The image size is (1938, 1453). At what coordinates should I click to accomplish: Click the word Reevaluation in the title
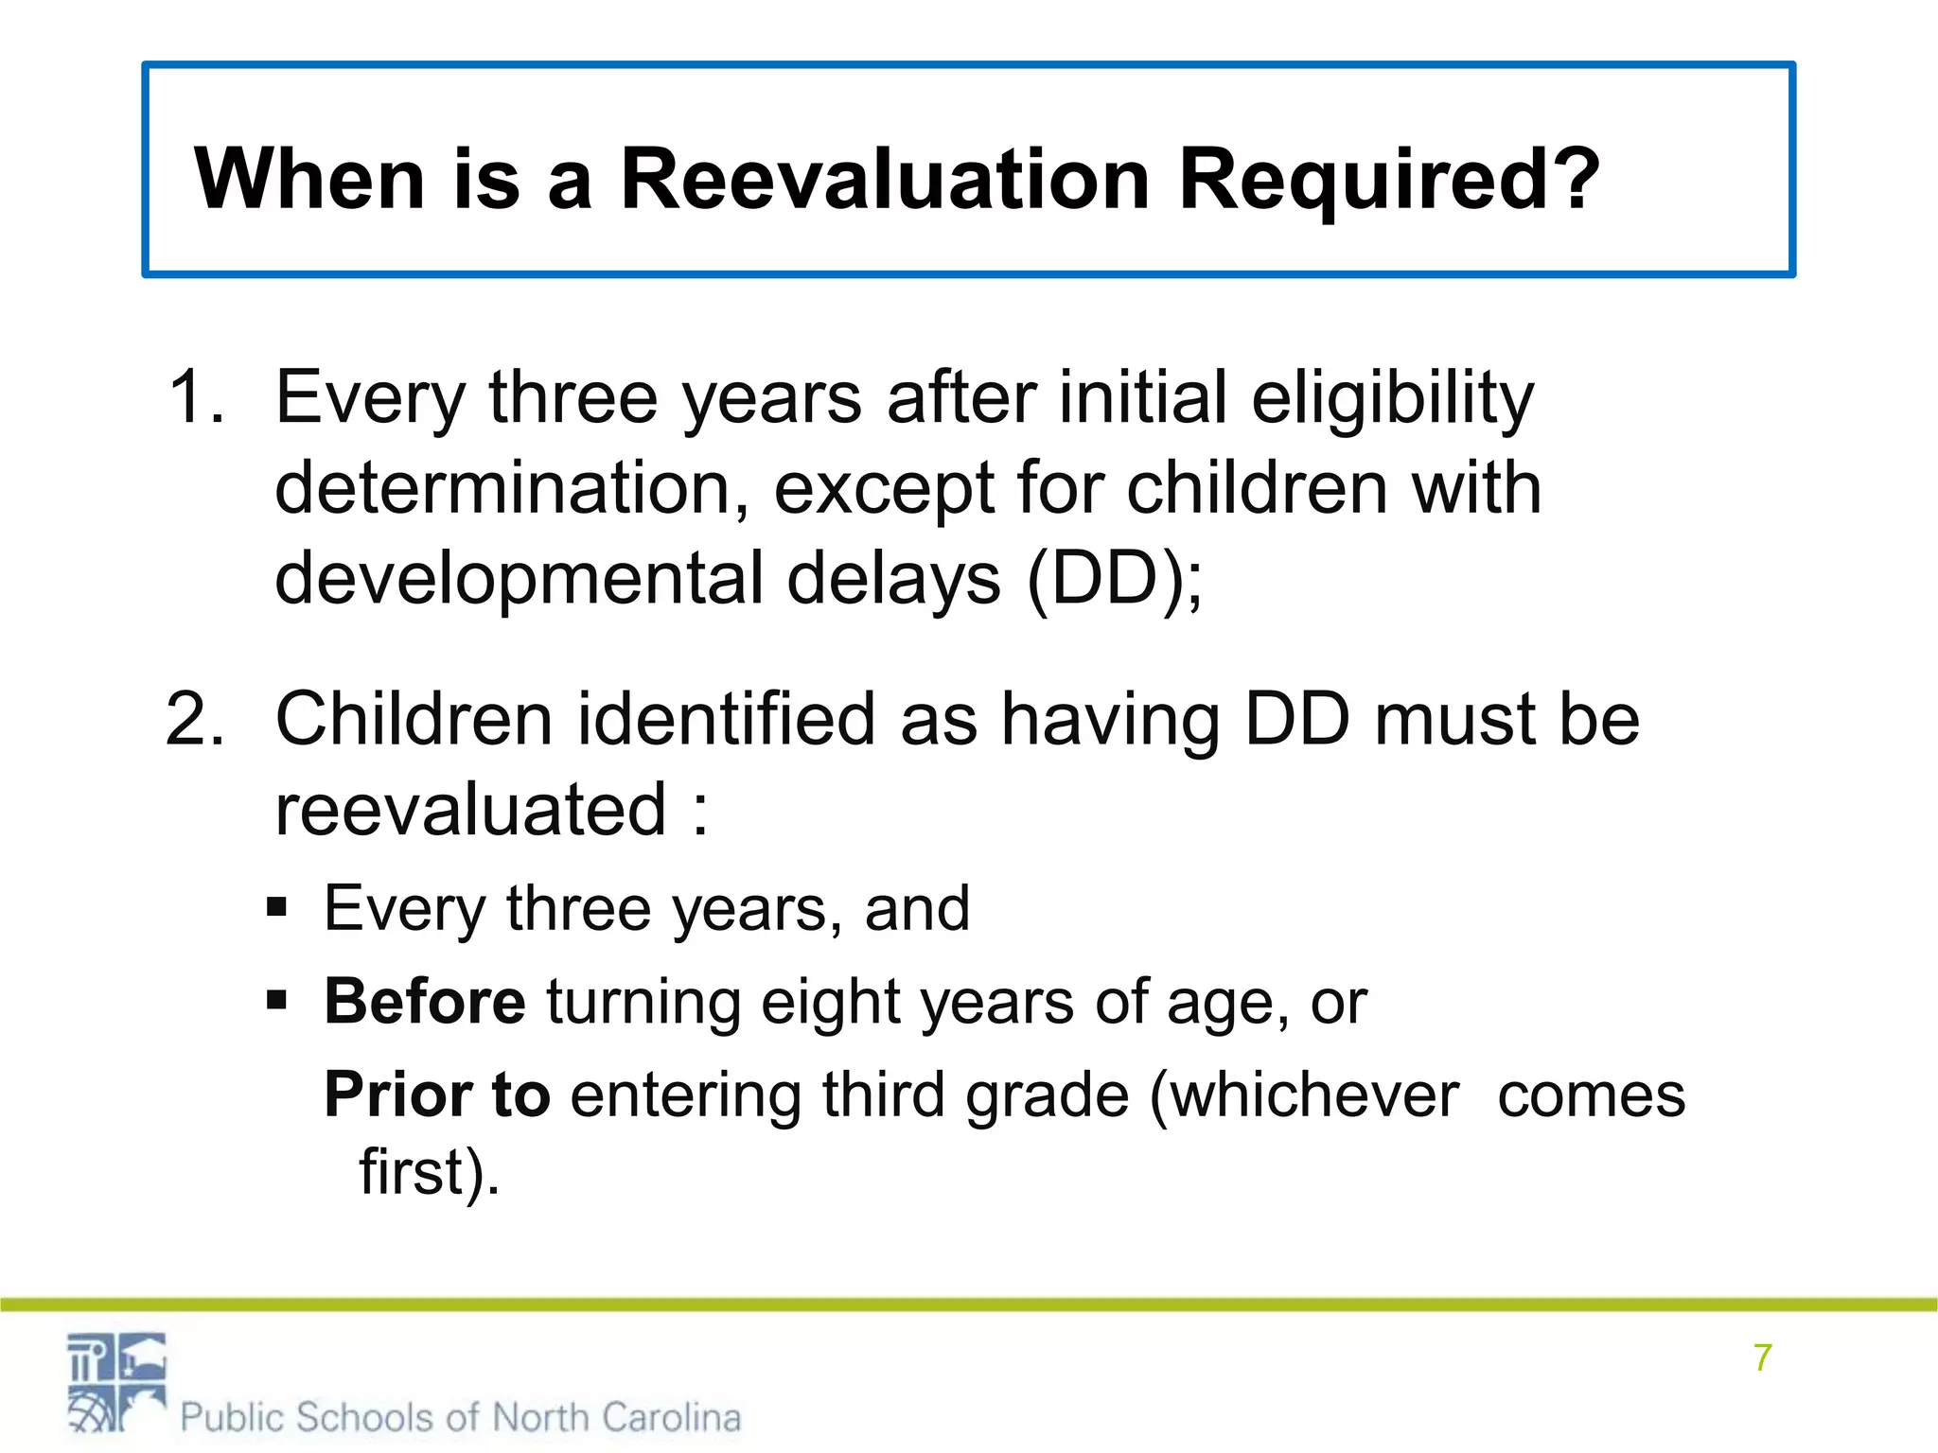point(884,179)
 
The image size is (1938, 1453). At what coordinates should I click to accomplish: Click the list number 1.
point(194,396)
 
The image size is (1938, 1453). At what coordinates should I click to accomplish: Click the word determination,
point(512,488)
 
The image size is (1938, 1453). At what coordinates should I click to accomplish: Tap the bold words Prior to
point(437,1094)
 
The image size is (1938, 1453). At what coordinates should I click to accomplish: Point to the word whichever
point(1315,1095)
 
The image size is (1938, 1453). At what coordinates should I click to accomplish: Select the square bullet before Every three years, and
point(276,908)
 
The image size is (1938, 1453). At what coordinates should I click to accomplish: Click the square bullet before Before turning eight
point(276,1000)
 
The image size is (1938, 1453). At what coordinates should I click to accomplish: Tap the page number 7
point(1762,1357)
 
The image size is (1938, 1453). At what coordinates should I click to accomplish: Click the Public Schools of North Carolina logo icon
point(116,1382)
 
